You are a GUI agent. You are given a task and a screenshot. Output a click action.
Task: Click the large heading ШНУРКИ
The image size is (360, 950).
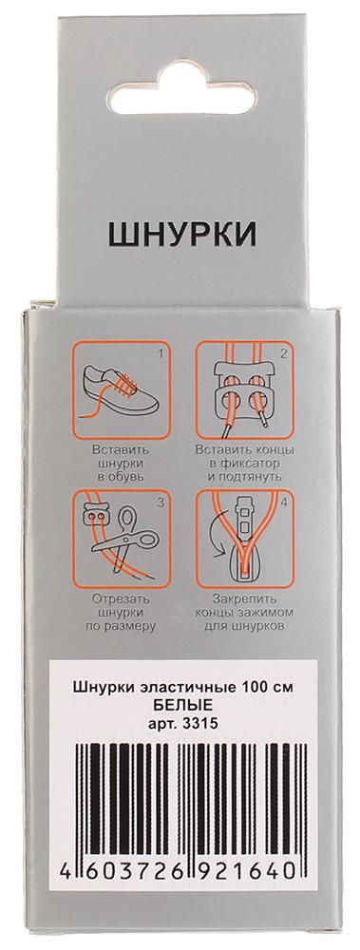tap(181, 235)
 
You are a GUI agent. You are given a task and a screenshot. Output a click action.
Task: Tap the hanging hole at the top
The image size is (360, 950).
tap(181, 91)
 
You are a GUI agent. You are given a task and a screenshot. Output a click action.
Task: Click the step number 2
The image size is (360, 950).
tap(282, 351)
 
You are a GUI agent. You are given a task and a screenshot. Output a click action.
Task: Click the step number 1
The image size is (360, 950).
tap(161, 351)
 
